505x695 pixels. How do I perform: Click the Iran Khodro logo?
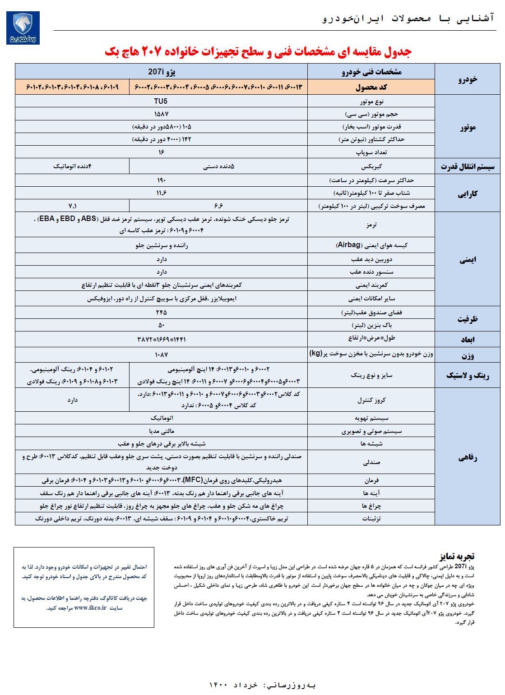click(23, 28)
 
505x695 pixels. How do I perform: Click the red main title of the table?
click(258, 51)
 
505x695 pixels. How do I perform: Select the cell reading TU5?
click(161, 101)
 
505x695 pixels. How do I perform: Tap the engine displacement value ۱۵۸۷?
click(161, 114)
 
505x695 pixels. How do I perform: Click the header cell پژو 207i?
click(161, 72)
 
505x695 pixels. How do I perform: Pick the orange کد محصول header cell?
click(371, 87)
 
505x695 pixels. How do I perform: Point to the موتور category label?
click(467, 127)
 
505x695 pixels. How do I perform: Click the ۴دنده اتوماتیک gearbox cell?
click(72, 166)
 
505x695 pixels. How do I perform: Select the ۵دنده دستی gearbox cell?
click(218, 166)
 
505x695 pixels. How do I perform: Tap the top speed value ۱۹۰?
click(161, 180)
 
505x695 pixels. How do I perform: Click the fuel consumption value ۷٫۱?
click(72, 206)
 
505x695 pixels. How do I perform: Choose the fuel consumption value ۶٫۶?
click(218, 206)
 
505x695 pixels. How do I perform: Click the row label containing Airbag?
click(371, 245)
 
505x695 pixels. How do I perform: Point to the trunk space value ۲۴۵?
click(161, 312)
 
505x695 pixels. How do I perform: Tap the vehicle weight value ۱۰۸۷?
click(161, 354)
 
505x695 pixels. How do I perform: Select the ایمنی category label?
click(467, 259)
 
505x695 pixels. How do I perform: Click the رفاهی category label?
click(467, 458)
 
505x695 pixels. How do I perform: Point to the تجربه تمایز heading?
click(457, 556)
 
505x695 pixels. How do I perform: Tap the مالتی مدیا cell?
click(161, 431)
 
